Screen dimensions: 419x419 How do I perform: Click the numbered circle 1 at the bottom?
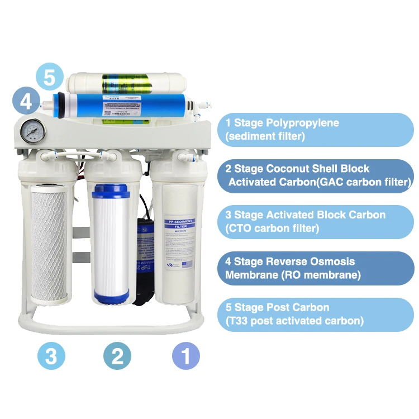[x=186, y=355]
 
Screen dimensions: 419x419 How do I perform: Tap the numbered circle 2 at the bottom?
[x=117, y=355]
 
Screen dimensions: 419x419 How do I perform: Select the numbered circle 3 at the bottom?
[x=51, y=355]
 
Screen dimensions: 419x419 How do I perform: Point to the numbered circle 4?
[x=26, y=102]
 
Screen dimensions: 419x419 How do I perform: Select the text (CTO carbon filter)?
[x=272, y=228]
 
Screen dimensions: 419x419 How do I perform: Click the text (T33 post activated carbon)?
[x=294, y=321]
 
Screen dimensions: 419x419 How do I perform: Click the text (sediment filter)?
[x=265, y=136]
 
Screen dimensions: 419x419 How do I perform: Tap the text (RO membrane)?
[x=326, y=275]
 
